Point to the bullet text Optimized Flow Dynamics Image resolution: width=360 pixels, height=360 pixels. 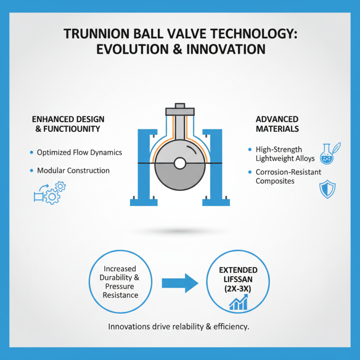(80, 152)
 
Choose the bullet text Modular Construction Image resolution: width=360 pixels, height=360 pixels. (73, 171)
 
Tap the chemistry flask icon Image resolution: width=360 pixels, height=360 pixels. (329, 153)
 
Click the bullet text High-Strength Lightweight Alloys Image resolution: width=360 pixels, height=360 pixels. (285, 154)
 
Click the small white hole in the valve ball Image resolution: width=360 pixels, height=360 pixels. (180, 163)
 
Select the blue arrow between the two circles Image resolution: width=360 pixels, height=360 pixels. (180, 283)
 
